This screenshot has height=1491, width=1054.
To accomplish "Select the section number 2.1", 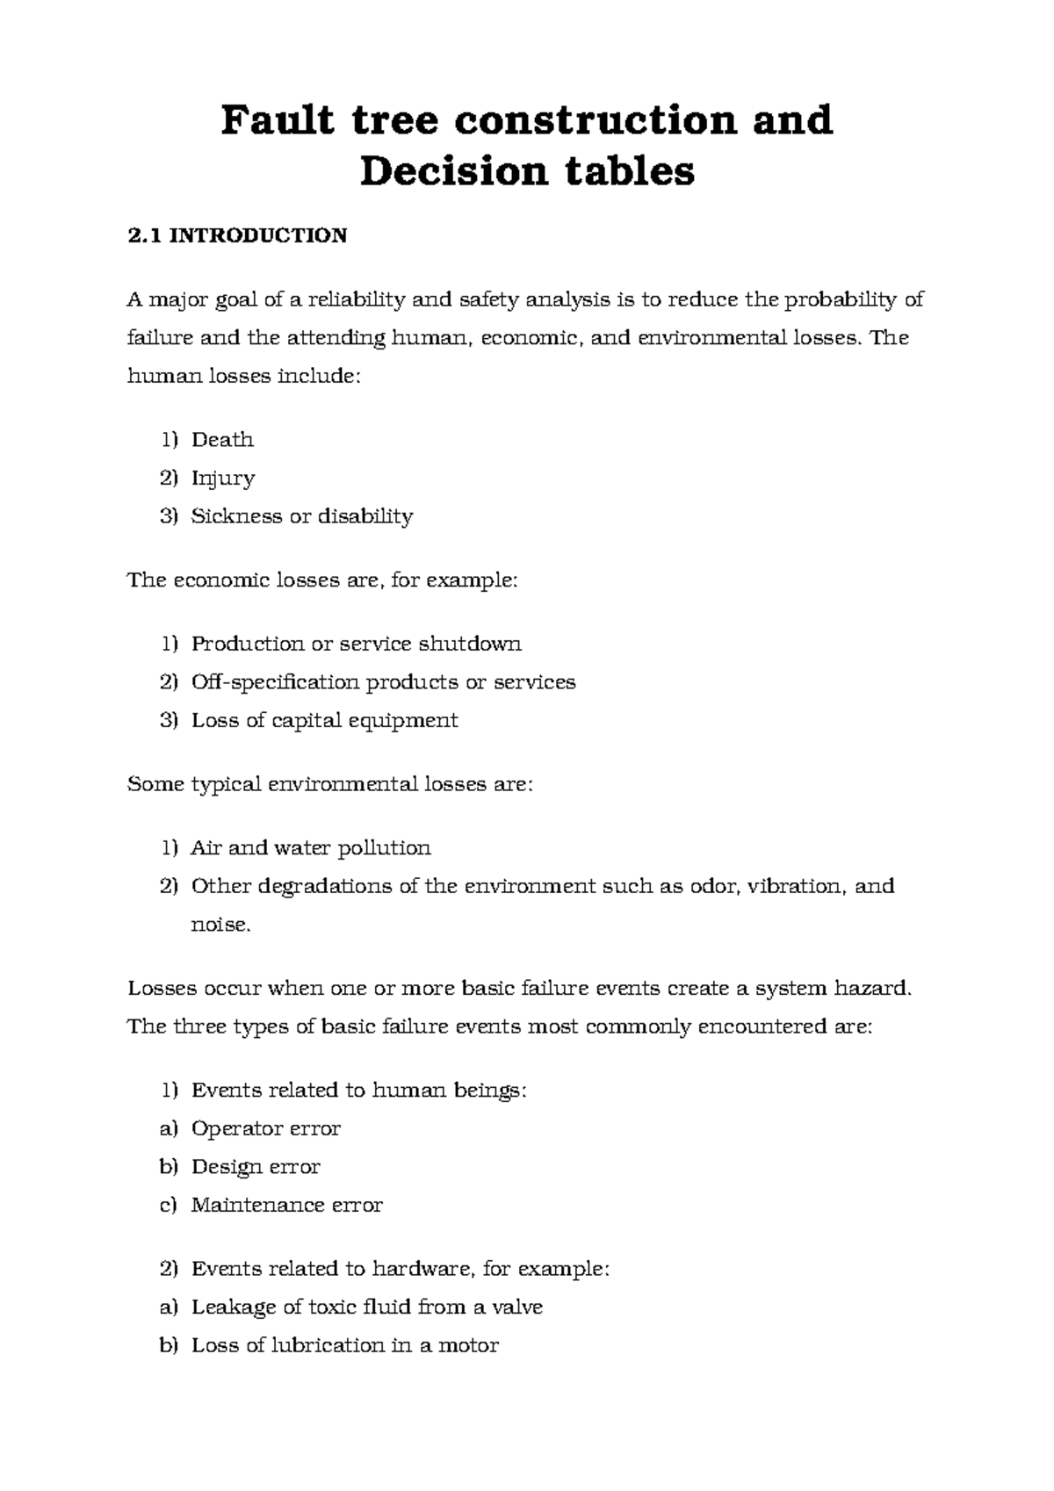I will click(x=144, y=235).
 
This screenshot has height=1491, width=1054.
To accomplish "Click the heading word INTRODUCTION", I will click(x=258, y=235).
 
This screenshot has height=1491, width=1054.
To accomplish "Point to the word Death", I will click(x=222, y=440).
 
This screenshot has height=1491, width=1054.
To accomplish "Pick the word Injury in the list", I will click(x=223, y=479).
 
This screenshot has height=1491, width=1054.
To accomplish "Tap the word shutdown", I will click(x=469, y=644).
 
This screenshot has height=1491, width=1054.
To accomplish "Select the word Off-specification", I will click(x=275, y=682).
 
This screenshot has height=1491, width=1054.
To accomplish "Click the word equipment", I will click(x=403, y=721).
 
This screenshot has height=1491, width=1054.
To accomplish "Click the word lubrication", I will click(x=327, y=1345).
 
